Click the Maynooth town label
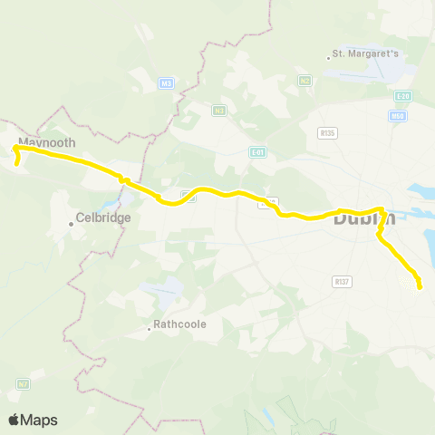point(47,143)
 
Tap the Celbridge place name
point(104,217)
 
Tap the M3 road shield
point(165,84)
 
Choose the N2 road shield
point(304,81)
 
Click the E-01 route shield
point(257,152)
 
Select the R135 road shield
point(327,132)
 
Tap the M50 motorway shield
point(396,116)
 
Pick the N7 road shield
point(23,384)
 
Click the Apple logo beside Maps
point(14,420)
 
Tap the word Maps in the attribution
point(40,420)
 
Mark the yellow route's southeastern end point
point(420,288)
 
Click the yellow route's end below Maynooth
point(17,164)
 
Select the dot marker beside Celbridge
point(72,223)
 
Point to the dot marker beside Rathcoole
point(150,329)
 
